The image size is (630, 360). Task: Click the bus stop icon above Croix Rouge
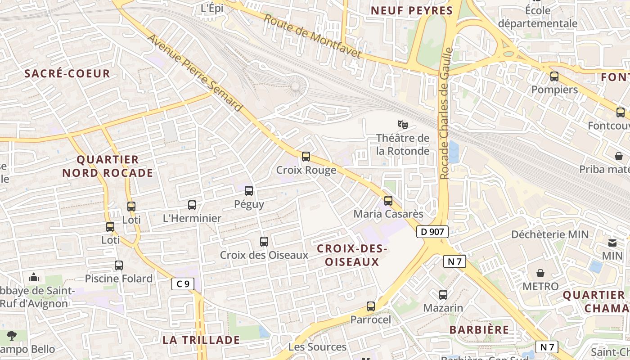tap(306, 157)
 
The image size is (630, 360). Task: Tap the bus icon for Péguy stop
tap(249, 191)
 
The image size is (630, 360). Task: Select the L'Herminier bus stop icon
tap(192, 205)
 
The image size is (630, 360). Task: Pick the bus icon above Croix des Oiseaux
tap(264, 242)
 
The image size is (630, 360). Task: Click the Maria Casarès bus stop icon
tap(388, 201)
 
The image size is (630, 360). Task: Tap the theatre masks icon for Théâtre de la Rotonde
tap(403, 124)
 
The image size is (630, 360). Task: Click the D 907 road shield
tap(432, 232)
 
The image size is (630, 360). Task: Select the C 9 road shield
tap(183, 284)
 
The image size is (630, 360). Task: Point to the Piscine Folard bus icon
tap(119, 265)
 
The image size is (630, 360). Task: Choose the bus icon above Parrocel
tap(371, 306)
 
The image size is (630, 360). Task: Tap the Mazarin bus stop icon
tap(443, 295)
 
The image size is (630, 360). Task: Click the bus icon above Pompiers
tap(554, 76)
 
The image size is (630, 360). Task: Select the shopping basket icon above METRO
tap(540, 273)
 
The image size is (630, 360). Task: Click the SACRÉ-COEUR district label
tap(67, 74)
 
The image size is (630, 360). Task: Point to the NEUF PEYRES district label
tap(411, 11)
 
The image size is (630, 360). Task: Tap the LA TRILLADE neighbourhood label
tap(201, 340)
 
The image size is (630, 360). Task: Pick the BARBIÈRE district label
tap(479, 329)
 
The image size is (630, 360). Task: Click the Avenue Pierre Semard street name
tap(195, 73)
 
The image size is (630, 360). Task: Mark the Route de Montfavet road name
tap(312, 36)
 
